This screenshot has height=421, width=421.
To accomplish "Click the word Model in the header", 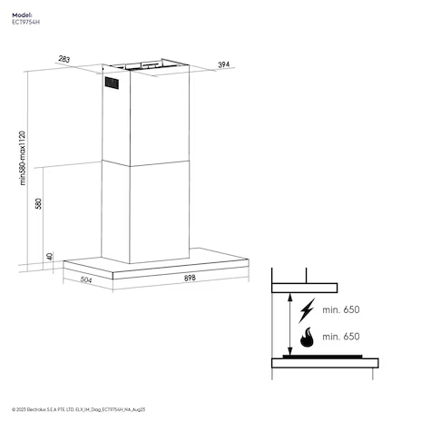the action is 22,15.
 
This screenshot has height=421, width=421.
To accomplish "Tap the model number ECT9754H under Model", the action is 26,22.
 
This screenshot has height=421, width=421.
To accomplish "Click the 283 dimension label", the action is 64,59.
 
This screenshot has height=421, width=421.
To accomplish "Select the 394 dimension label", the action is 224,64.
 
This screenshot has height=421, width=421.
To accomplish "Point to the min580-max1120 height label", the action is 23,158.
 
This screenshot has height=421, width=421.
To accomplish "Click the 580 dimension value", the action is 38,203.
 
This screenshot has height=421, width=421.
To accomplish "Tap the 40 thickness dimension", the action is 50,257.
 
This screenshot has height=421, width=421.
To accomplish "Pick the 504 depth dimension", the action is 86,280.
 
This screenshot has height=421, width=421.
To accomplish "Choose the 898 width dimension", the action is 190,278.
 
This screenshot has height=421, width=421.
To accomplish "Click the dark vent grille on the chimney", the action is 112,83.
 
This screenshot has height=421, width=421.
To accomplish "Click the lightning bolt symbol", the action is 307,310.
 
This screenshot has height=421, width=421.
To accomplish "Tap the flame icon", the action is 307,337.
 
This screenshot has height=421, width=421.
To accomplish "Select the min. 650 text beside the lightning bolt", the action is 341,309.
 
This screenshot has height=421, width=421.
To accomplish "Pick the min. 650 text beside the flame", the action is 341,337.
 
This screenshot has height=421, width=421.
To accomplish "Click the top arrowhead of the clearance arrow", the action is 289,297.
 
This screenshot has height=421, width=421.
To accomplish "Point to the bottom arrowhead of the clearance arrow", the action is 289,352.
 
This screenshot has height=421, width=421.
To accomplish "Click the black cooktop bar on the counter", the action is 322,357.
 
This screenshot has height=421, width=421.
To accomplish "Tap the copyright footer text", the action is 79,409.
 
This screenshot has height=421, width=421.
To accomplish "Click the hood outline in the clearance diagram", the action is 304,288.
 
